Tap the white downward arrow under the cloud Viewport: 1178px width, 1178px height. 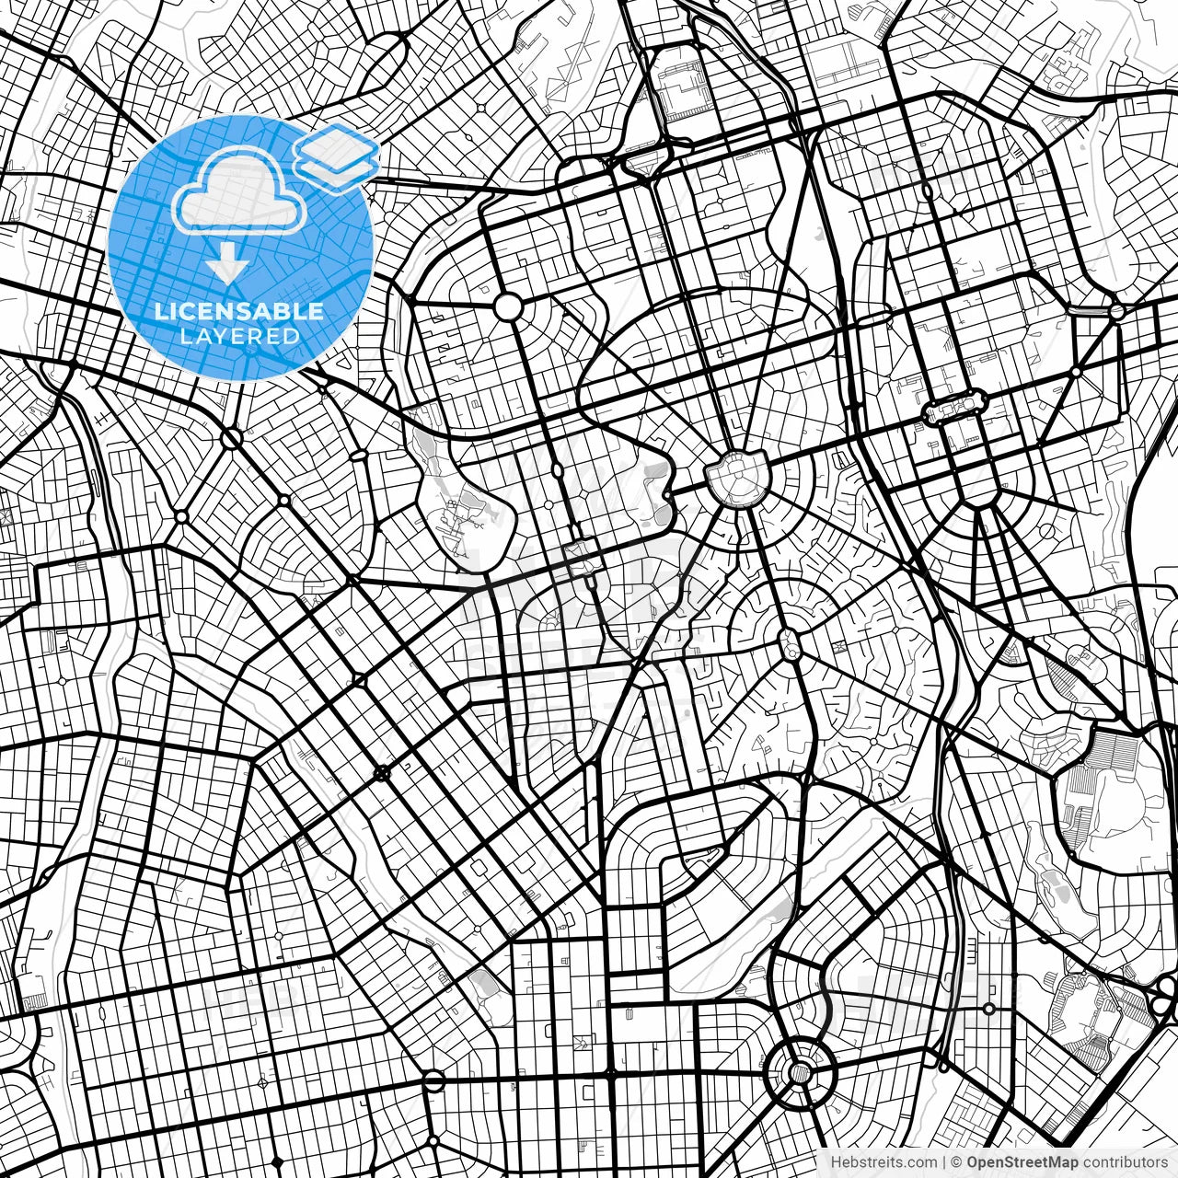(226, 265)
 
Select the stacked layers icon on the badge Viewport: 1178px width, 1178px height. (337, 156)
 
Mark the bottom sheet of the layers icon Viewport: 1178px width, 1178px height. (337, 171)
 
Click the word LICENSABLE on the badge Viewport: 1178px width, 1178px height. (239, 311)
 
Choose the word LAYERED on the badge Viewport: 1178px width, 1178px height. (239, 336)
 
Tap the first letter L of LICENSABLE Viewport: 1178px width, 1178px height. (159, 311)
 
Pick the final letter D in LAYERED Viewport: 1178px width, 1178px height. (292, 336)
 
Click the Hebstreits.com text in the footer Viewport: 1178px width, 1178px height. (884, 1161)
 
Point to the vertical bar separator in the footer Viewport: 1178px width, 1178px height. (945, 1161)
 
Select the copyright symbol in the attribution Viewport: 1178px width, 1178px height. (957, 1161)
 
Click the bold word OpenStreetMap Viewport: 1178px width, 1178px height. (1022, 1161)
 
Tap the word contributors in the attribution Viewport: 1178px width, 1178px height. (1125, 1161)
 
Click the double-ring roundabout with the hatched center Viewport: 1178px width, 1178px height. (800, 1070)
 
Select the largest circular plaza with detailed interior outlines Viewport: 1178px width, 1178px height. (736, 477)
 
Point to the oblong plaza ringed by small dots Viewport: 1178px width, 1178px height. (954, 406)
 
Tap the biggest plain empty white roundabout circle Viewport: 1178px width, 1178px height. (508, 307)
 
